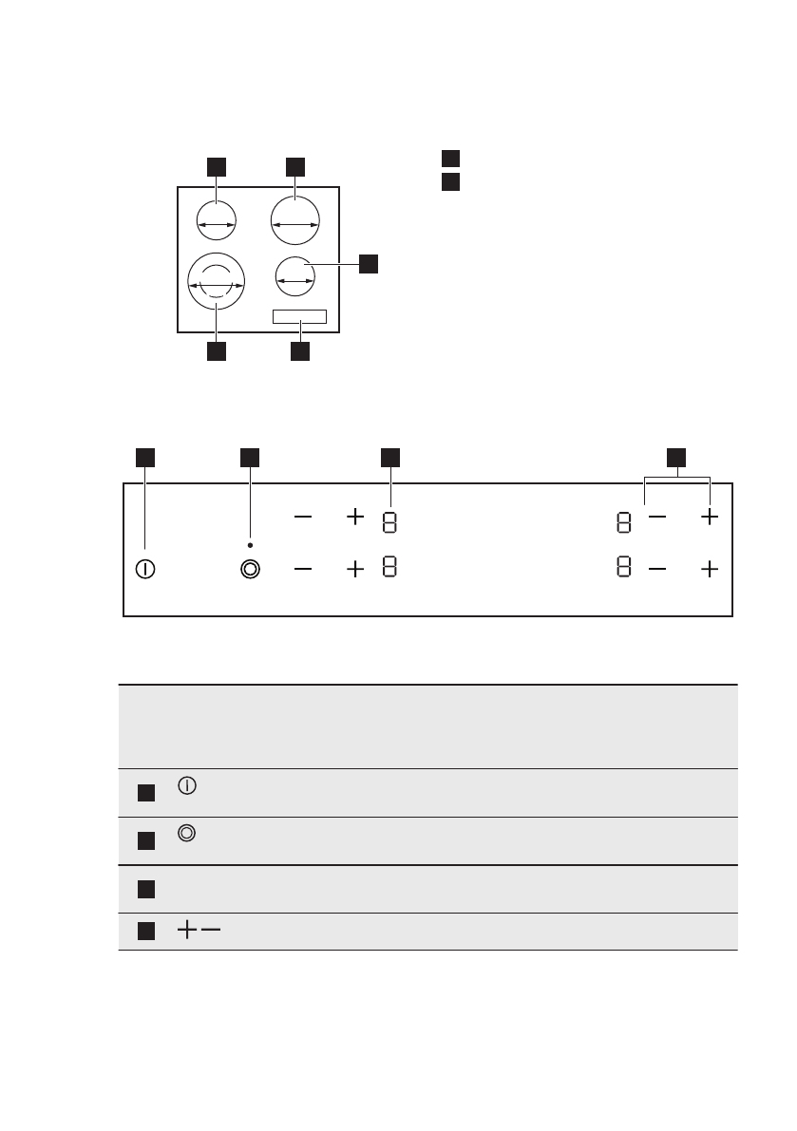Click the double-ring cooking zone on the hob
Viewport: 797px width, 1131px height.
(x=217, y=283)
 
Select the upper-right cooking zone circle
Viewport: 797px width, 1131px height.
(x=294, y=223)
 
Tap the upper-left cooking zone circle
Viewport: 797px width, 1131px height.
(x=217, y=223)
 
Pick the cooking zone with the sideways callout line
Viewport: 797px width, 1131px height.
(x=294, y=278)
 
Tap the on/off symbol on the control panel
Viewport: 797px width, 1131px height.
(x=145, y=570)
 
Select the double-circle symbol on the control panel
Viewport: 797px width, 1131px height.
(x=250, y=570)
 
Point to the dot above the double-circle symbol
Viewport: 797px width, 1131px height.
(x=250, y=545)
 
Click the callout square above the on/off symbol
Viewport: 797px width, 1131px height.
(x=145, y=458)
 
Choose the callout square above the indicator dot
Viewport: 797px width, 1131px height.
(x=250, y=458)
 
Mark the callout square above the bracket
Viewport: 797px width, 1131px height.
(x=676, y=458)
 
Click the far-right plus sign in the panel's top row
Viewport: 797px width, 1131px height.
(x=709, y=518)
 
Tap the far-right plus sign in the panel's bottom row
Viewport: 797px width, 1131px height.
(x=709, y=570)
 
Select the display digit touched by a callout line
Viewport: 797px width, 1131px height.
(x=390, y=521)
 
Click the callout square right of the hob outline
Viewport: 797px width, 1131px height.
(x=369, y=264)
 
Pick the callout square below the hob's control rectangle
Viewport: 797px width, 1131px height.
(x=300, y=351)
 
